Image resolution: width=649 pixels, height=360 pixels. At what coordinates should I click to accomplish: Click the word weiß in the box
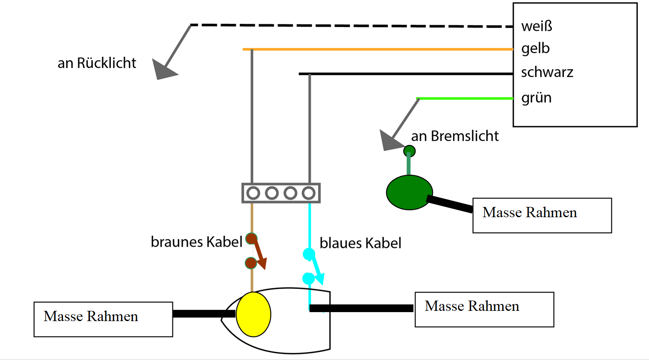[536, 27]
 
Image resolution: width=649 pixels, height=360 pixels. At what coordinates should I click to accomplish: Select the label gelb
[535, 49]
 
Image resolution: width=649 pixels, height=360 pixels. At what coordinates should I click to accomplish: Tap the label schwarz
[547, 72]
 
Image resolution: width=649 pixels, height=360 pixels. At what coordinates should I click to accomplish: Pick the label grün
[536, 98]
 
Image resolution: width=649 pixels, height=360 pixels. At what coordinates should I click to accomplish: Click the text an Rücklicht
[97, 63]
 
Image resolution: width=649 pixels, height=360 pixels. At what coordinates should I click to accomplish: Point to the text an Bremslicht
[455, 136]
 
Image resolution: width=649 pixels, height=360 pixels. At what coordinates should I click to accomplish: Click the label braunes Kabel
[196, 242]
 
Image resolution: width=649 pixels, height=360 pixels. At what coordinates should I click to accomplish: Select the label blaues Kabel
[360, 243]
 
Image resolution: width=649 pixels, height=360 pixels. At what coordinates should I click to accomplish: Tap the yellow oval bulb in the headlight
[253, 314]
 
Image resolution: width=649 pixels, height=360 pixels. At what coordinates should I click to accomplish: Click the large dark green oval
[409, 192]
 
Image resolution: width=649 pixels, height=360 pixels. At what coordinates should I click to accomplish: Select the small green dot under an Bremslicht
[409, 151]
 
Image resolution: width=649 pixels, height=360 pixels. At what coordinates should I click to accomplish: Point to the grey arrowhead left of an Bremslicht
[389, 141]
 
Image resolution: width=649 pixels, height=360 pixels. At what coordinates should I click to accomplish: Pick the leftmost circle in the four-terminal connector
[253, 193]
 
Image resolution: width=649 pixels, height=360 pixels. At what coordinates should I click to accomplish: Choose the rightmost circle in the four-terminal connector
[308, 193]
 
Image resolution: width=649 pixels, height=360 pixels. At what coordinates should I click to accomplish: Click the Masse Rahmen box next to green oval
[542, 215]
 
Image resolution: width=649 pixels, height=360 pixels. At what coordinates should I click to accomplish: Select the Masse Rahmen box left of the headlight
[103, 319]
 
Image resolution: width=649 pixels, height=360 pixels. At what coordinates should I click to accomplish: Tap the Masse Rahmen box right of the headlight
[484, 310]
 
